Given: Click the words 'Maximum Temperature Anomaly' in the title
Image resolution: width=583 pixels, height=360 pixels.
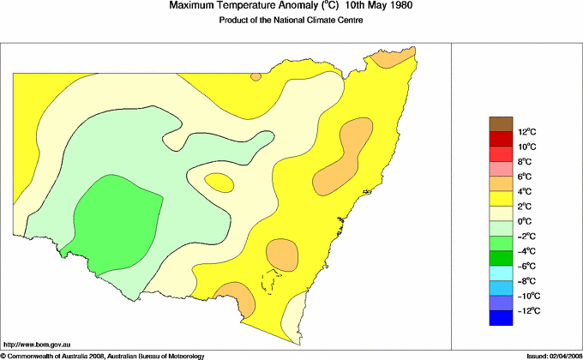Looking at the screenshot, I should [x=243, y=7].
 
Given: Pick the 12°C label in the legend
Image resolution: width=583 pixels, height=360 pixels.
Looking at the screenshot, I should [x=526, y=132].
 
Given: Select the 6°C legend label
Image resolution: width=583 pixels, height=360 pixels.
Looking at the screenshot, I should [x=525, y=177].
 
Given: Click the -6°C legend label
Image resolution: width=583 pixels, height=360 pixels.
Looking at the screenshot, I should [x=526, y=266].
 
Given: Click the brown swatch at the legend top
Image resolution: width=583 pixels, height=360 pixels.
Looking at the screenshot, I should [x=501, y=124].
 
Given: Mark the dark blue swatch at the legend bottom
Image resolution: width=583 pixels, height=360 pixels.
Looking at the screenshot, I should [x=501, y=318].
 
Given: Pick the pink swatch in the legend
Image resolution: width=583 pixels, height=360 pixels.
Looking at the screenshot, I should [x=501, y=169].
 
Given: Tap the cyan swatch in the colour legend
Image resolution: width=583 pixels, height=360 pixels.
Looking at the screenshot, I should [x=501, y=273].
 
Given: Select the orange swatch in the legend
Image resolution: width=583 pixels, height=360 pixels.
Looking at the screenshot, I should [x=501, y=183].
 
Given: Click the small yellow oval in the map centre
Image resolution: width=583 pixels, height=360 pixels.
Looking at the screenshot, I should [x=219, y=182].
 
